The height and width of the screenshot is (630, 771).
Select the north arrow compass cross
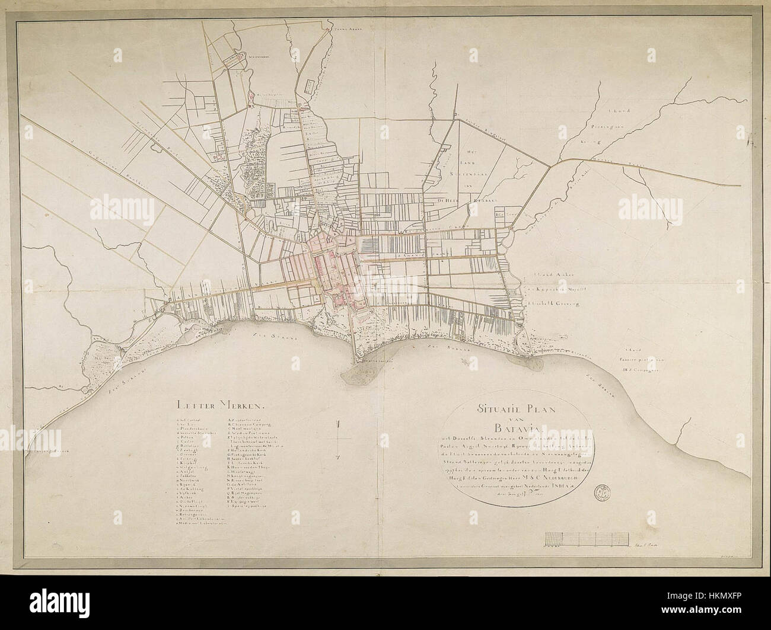coord(337,439)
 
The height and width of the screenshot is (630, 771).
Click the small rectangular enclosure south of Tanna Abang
coord(309,87)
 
